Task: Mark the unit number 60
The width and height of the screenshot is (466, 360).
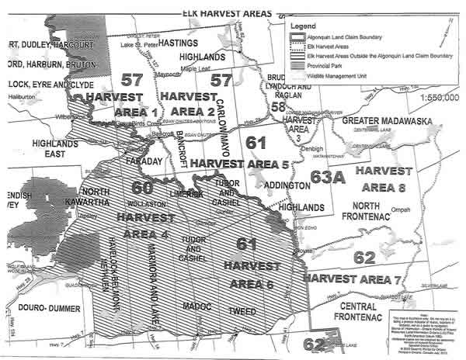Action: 142,187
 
